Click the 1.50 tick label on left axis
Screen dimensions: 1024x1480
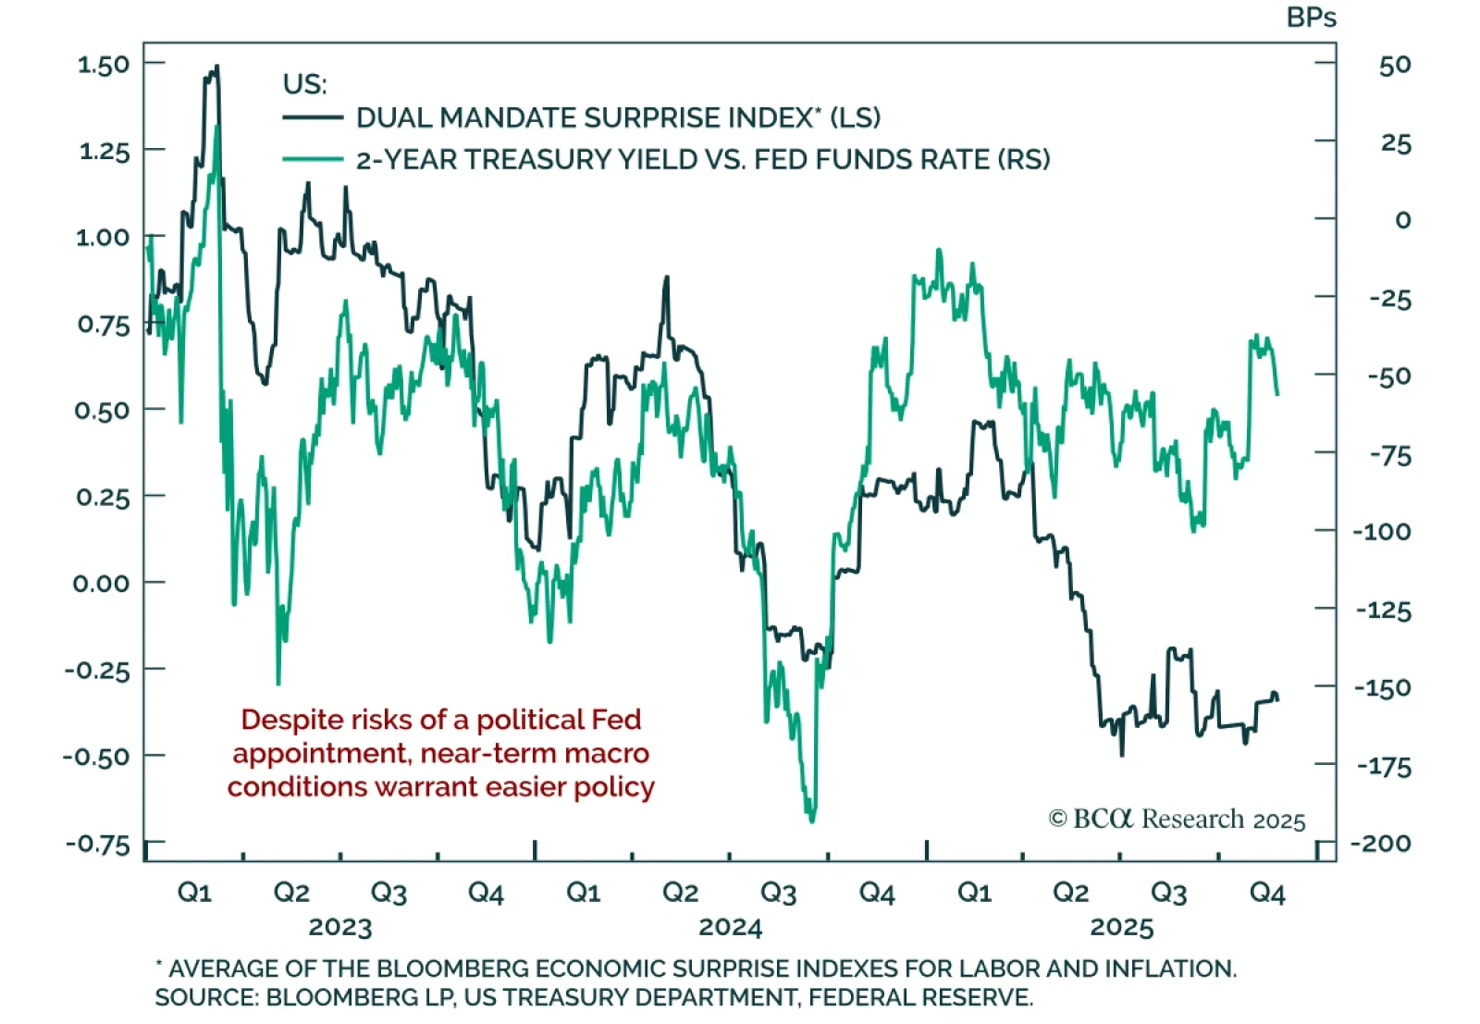coord(103,65)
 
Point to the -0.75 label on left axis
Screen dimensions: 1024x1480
coord(97,844)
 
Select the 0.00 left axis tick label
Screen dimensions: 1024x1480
coord(101,584)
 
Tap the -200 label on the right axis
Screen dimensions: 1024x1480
coord(1381,844)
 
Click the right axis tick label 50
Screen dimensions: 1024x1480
coord(1395,65)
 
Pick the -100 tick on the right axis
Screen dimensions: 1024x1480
coord(1381,532)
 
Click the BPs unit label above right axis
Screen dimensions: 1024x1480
coord(1311,18)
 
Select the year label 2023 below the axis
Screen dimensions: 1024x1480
coord(339,927)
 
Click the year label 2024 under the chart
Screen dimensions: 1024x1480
coord(730,927)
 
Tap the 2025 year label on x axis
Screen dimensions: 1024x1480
coord(1121,927)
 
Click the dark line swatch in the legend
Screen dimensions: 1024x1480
coord(312,117)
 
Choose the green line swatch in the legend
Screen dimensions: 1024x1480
coord(312,159)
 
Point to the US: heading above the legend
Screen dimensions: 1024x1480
coord(304,84)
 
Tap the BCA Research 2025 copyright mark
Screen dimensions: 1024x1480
coord(1176,820)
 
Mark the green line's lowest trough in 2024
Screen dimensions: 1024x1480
coord(812,820)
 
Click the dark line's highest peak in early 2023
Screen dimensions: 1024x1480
coord(216,68)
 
